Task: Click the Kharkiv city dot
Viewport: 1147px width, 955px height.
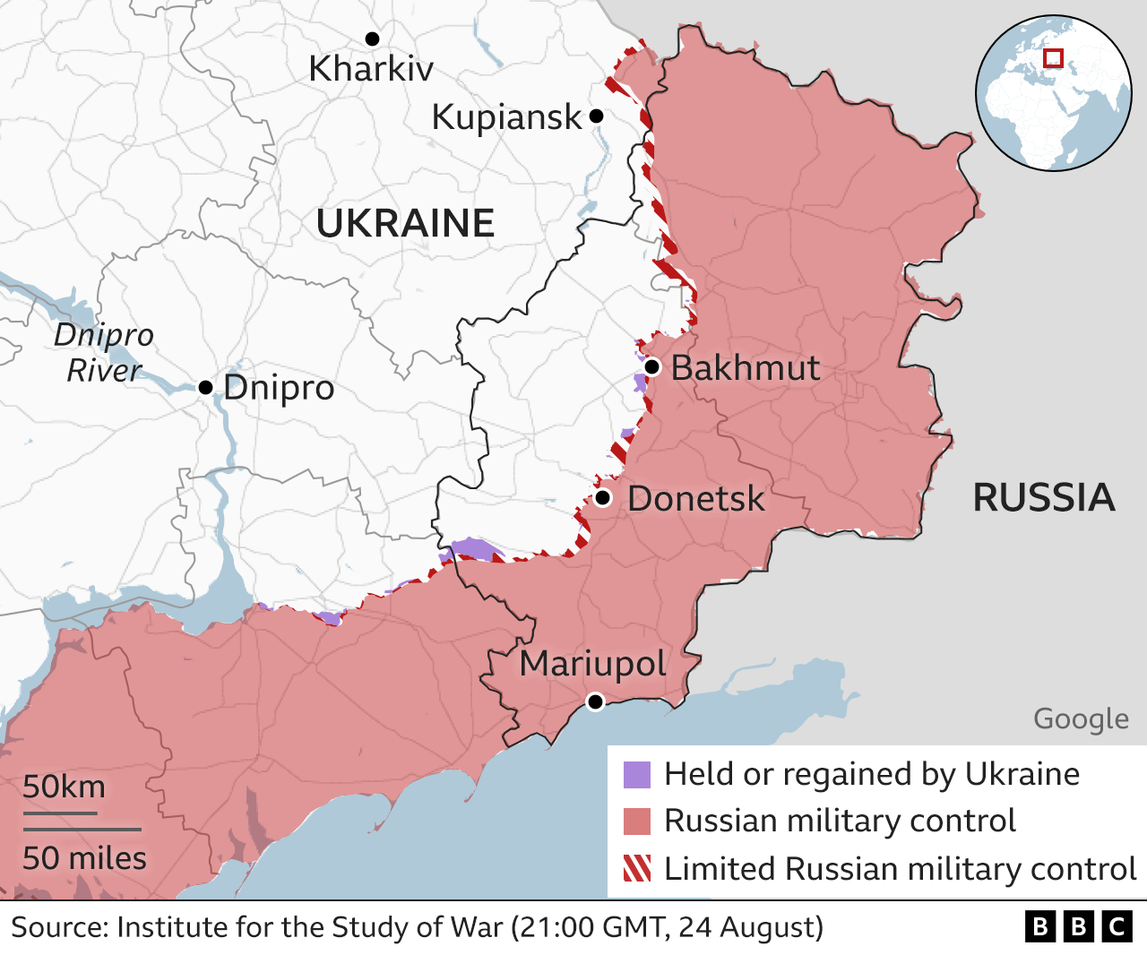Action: click(x=372, y=39)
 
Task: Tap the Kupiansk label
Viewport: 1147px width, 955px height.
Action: click(x=506, y=117)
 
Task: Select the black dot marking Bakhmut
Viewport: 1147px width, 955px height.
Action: click(x=652, y=366)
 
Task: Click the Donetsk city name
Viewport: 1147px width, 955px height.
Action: click(x=695, y=499)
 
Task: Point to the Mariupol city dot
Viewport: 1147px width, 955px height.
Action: click(x=595, y=701)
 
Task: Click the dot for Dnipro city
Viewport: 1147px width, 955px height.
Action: click(x=205, y=387)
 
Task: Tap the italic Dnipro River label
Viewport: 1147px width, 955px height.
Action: click(x=104, y=352)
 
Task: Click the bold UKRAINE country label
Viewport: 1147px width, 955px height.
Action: click(x=405, y=223)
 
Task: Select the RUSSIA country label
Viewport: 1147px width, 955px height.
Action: click(x=1044, y=498)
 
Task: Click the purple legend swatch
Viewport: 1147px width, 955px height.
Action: click(x=637, y=775)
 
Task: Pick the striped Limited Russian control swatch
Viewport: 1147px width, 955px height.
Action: click(x=637, y=868)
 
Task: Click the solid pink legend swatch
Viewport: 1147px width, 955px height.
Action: click(x=637, y=821)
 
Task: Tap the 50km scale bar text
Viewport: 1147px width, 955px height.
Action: click(x=64, y=787)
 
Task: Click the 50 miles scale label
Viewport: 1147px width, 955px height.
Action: click(x=84, y=858)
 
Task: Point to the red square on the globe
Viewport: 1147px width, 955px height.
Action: click(x=1054, y=58)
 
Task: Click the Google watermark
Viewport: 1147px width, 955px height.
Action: click(x=1081, y=718)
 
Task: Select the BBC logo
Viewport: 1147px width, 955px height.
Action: click(x=1078, y=926)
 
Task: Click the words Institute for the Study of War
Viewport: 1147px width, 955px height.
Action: click(x=310, y=926)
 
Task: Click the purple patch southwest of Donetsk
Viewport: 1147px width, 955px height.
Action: click(x=472, y=548)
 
